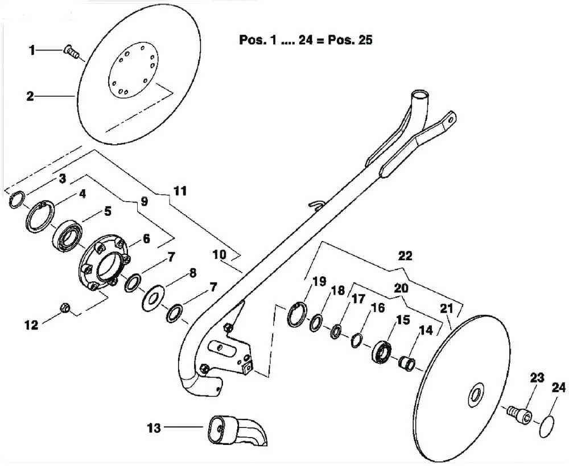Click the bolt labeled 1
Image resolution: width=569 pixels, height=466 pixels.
click(71, 52)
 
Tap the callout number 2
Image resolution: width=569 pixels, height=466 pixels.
click(30, 97)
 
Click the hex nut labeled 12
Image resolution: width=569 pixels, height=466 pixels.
click(65, 308)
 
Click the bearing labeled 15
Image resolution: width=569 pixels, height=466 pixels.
click(382, 351)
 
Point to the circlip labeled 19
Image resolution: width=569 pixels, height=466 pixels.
click(297, 315)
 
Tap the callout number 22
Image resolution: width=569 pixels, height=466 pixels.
click(405, 256)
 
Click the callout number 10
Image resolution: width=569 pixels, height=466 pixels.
click(219, 255)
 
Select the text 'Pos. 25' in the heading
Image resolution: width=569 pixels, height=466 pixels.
click(350, 40)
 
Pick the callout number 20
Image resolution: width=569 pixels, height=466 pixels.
click(401, 288)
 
